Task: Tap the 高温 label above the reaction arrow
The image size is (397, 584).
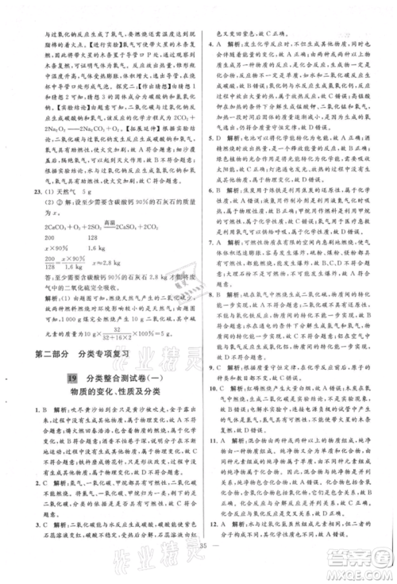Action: (93, 223)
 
